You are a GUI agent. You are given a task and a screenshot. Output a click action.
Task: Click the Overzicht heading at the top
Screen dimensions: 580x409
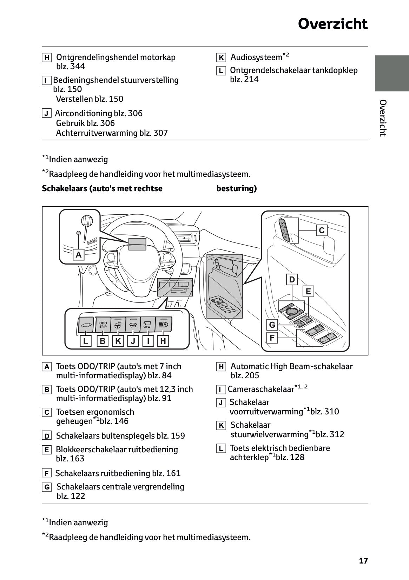click(x=332, y=24)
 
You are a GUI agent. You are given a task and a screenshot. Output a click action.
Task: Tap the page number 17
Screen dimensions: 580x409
click(x=363, y=561)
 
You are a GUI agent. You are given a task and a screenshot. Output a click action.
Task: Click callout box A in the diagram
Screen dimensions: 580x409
click(x=79, y=254)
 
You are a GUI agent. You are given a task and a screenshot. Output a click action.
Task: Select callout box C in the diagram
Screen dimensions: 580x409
click(x=322, y=231)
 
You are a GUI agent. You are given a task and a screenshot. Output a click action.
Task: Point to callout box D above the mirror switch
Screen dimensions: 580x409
click(x=292, y=280)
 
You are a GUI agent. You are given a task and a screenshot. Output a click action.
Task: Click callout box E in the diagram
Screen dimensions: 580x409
click(x=308, y=291)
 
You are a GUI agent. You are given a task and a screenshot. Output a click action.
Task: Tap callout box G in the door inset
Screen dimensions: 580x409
click(x=272, y=325)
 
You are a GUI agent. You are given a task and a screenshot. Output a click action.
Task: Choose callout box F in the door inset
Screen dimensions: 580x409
click(x=272, y=338)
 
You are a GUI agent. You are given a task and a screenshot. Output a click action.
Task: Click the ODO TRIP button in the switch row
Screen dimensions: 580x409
click(x=103, y=325)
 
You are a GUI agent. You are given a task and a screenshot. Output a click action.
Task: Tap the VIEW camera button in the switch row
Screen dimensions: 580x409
click(x=147, y=325)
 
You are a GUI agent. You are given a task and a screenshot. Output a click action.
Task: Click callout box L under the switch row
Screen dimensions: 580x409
click(x=85, y=341)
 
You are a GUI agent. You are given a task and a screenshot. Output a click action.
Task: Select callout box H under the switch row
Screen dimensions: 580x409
click(x=163, y=341)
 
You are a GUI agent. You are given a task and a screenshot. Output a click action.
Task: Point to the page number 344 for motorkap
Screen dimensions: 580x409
click(x=78, y=67)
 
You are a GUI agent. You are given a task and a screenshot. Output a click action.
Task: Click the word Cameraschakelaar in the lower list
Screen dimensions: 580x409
click(x=261, y=389)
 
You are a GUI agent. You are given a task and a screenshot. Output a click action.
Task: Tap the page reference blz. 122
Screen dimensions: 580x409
click(x=71, y=496)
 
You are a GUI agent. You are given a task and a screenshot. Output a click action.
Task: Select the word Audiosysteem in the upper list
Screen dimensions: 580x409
click(x=256, y=57)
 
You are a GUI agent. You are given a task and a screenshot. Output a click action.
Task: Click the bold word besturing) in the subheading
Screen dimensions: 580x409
click(x=236, y=188)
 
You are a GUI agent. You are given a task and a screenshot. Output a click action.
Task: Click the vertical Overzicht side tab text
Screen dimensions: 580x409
click(x=383, y=118)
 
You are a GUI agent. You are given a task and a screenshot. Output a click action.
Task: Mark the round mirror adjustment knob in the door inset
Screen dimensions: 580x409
click(x=291, y=310)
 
